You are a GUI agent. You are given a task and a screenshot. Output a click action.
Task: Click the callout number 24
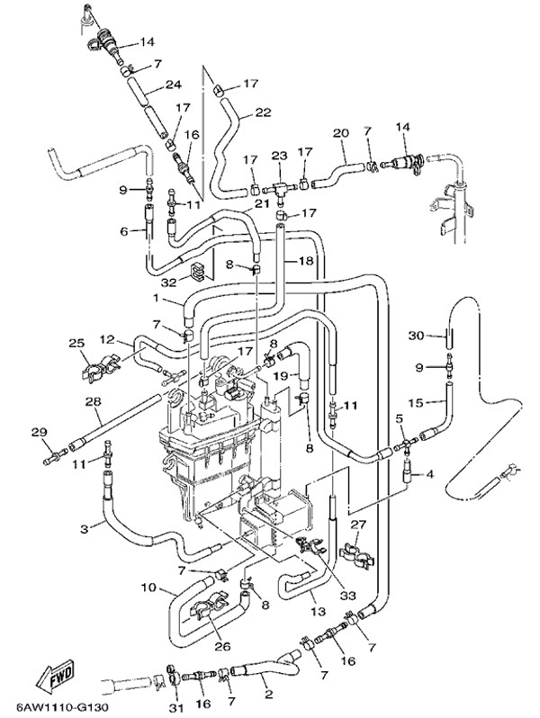pos(174,87)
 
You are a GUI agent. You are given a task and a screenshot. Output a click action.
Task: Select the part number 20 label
pos(340,133)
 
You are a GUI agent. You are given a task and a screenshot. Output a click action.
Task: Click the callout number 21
pos(262,204)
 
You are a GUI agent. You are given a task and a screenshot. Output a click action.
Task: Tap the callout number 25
pos(76,343)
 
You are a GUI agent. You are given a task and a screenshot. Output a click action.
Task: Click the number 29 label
pos(38,434)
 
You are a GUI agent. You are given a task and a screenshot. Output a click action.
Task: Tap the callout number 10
pos(148,588)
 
